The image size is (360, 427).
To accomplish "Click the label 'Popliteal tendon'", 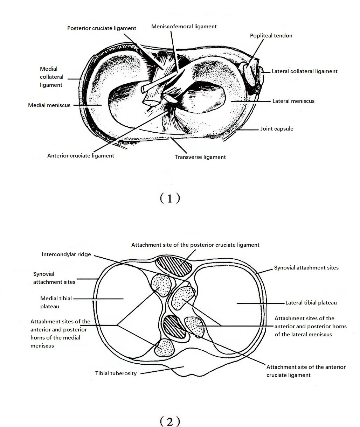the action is (x=271, y=36).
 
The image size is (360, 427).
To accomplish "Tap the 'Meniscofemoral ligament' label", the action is (x=184, y=27).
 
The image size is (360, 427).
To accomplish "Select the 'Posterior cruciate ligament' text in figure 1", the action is (x=102, y=28).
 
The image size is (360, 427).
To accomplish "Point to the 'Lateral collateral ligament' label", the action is (x=304, y=71).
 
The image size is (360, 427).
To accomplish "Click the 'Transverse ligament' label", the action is (x=200, y=157).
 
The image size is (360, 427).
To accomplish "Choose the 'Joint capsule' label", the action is (x=277, y=129).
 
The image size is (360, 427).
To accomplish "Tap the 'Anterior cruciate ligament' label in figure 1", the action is (x=81, y=156).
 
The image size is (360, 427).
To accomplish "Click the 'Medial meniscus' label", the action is (x=49, y=105).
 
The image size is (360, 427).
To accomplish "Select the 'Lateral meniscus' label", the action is (x=293, y=101).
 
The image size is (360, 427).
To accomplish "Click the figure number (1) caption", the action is (x=169, y=198).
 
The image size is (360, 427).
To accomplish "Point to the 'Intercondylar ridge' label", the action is (x=66, y=254).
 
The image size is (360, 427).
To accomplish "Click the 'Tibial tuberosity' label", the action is (x=116, y=373).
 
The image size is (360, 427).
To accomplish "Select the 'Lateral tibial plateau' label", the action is (x=311, y=303).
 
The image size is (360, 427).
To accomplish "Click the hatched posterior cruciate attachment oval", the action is (x=174, y=266).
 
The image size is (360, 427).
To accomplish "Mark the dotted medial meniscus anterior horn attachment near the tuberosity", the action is (x=164, y=348).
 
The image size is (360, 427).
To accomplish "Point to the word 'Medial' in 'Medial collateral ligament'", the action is (x=49, y=69).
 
